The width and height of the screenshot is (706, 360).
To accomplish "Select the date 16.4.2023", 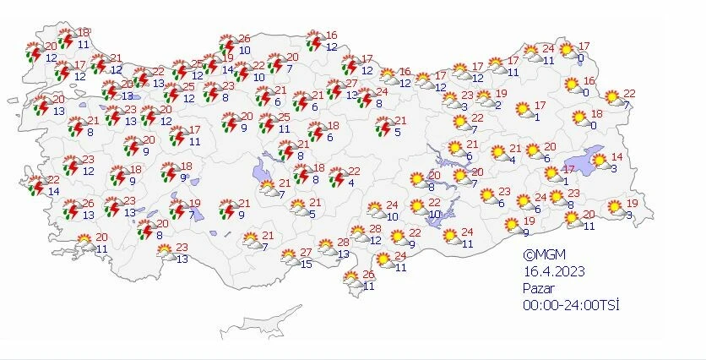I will point(552,270).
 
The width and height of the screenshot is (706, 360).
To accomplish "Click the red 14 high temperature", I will point(616,158).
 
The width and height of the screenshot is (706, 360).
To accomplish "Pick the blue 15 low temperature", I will point(307,265).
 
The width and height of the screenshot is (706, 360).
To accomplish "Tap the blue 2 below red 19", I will point(498,106).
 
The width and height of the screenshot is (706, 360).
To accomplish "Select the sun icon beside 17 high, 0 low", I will point(566,51).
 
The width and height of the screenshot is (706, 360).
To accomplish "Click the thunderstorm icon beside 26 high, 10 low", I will point(226,44).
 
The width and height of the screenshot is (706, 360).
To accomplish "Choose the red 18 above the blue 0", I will point(596,114).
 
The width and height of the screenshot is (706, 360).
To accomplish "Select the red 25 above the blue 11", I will point(285,117).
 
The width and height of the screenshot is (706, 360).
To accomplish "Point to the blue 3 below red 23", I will point(465,106).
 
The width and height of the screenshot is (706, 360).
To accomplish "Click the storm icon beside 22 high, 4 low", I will point(336,177).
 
